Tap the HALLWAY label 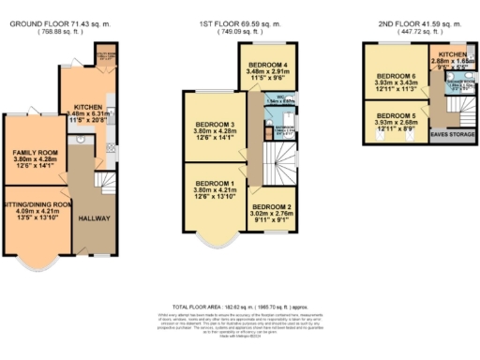pyautogui.click(x=95, y=218)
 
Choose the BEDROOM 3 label pyautogui.click(x=216, y=124)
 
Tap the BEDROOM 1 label pyautogui.click(x=216, y=182)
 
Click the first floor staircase pyautogui.click(x=277, y=159)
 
